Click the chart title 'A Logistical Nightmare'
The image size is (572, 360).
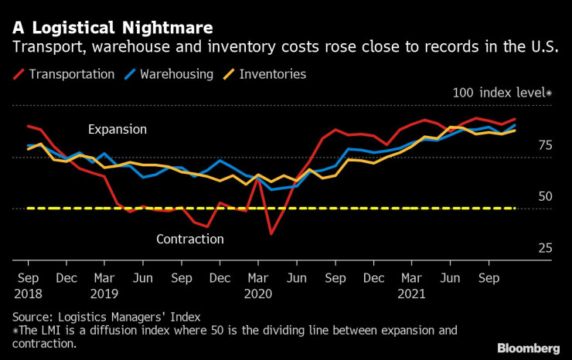113,28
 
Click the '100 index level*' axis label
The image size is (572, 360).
502,93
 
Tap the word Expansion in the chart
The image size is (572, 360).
117,129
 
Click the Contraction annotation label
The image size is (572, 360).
190,239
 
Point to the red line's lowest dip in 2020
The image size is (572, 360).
271,233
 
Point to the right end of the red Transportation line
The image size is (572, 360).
515,120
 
